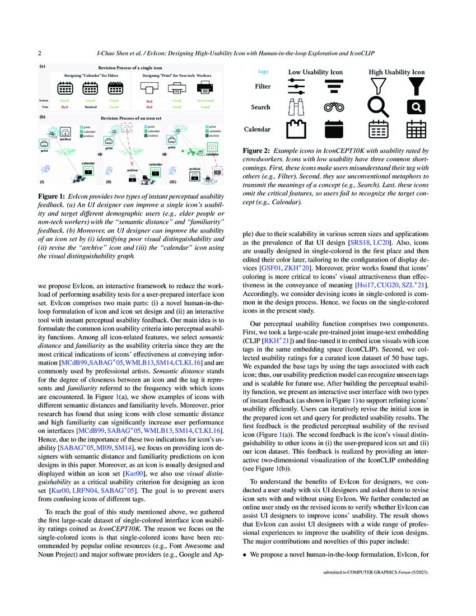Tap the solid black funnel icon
[x=415, y=86]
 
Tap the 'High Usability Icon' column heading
[x=396, y=72]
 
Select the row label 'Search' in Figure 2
[x=260, y=107]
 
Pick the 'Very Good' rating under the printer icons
[x=206, y=100]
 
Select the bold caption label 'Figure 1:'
[x=52, y=197]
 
